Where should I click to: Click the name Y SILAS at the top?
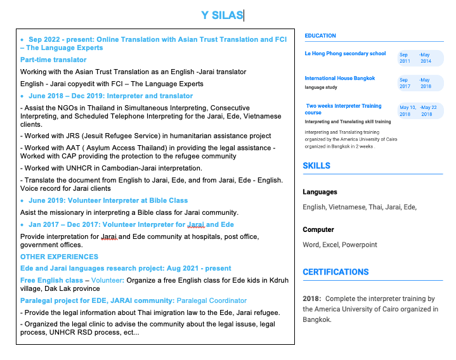pyautogui.click(x=221, y=15)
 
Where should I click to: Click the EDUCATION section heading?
pyautogui.click(x=320, y=35)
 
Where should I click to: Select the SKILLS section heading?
pyautogui.click(x=316, y=165)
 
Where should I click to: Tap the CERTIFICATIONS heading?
pyautogui.click(x=335, y=272)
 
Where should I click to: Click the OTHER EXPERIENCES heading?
pyautogui.click(x=59, y=257)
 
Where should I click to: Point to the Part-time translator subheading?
pyautogui.click(x=44, y=60)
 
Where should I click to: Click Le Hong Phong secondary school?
pyautogui.click(x=345, y=54)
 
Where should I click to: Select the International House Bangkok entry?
pyautogui.click(x=340, y=79)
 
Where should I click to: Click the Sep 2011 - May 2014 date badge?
pyautogui.click(x=420, y=58)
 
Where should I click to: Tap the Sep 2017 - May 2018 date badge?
pyautogui.click(x=420, y=83)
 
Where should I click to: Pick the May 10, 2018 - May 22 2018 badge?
pyautogui.click(x=420, y=111)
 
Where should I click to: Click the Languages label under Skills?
pyautogui.click(x=320, y=192)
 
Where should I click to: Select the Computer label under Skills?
pyautogui.click(x=318, y=229)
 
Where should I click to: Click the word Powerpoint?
pyautogui.click(x=359, y=245)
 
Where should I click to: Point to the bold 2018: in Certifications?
pyautogui.click(x=311, y=299)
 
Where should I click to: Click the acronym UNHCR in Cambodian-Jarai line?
pyautogui.click(x=77, y=168)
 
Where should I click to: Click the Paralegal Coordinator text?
pyautogui.click(x=212, y=300)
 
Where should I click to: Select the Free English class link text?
pyautogui.click(x=51, y=280)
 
